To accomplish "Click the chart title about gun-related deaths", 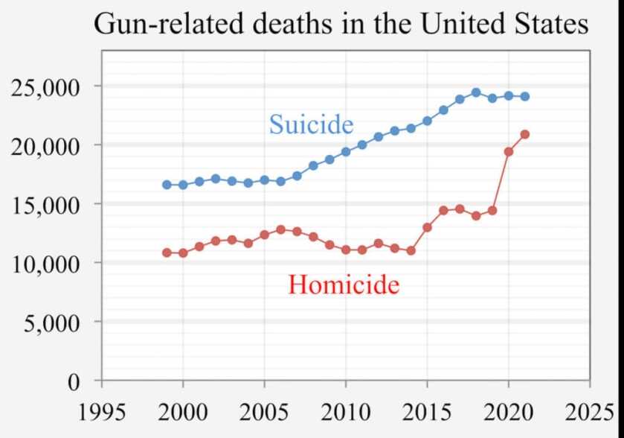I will (x=341, y=24).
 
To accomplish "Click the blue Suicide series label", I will (x=311, y=124).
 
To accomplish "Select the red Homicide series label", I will (x=344, y=284).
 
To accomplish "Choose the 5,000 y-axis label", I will (x=51, y=323).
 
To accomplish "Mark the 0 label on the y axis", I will (x=72, y=382).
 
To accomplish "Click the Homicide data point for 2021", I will (x=525, y=134).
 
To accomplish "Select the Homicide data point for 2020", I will (x=509, y=151).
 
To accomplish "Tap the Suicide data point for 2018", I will (x=476, y=92).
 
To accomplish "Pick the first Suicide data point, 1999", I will (x=167, y=185).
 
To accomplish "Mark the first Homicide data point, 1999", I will (x=167, y=253).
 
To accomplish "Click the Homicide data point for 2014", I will (x=411, y=250).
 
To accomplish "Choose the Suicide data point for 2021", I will (x=525, y=96).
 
